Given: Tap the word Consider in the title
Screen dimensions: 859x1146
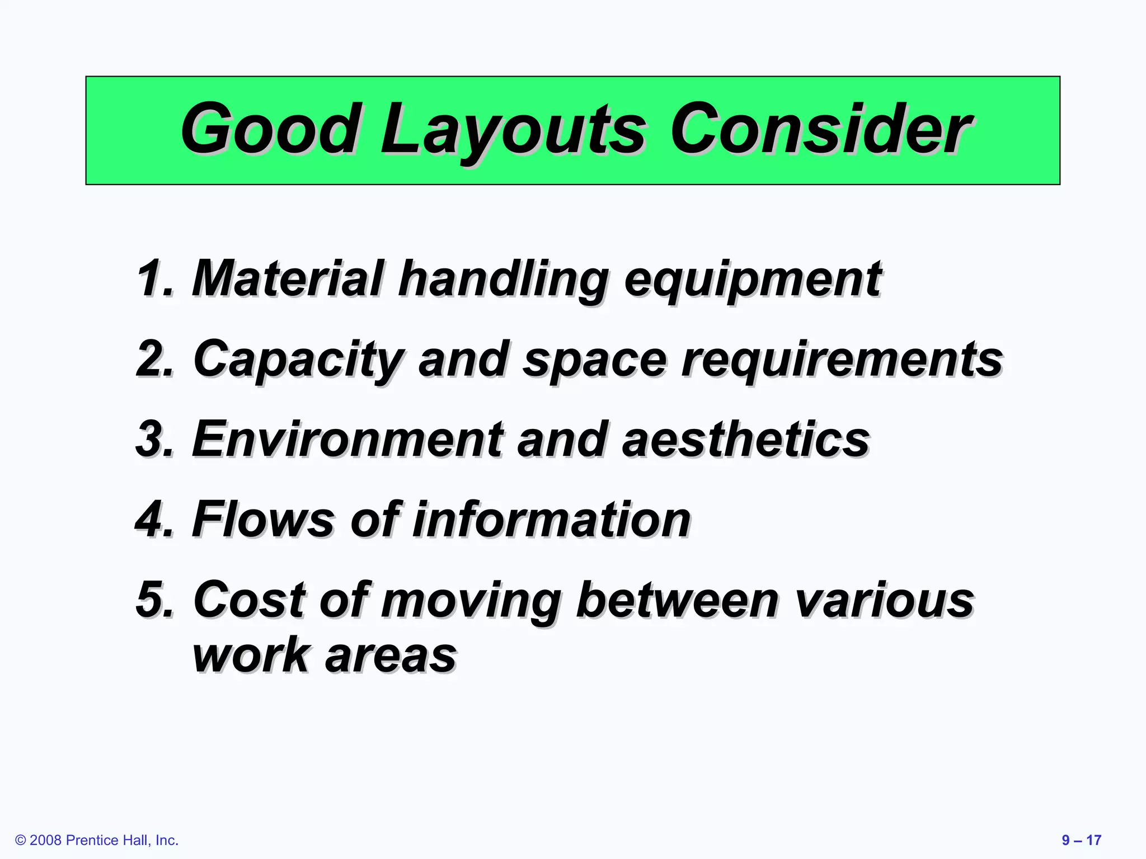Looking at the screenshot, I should [820, 130].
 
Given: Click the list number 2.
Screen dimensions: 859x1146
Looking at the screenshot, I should [154, 359].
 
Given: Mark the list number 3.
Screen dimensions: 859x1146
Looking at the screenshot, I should [154, 440].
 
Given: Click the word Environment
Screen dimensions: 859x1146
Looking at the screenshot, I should [347, 440].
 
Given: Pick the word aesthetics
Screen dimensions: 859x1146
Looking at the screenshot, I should [745, 440].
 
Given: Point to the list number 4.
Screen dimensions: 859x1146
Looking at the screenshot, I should [154, 520].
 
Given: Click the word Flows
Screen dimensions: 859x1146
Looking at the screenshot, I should [263, 520].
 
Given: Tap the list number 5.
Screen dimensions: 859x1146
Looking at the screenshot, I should [154, 601].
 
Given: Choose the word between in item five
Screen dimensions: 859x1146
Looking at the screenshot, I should [677, 601].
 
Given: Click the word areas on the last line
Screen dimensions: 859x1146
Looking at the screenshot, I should [391, 656].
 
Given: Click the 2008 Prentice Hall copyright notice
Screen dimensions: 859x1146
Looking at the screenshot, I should [97, 840].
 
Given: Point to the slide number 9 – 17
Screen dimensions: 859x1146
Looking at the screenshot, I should [1081, 840].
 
